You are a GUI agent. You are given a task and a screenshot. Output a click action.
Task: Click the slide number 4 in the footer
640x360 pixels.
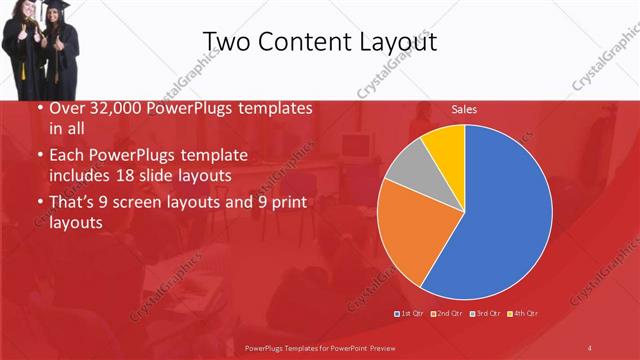[590, 347]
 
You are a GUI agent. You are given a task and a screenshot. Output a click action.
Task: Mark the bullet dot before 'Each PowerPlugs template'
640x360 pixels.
[39, 156]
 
